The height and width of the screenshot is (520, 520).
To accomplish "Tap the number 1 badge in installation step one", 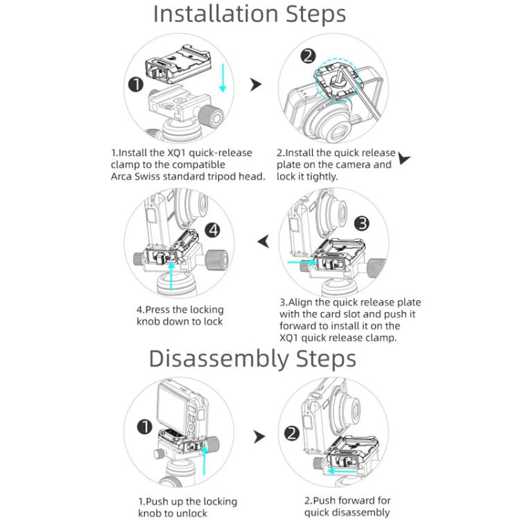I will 136,85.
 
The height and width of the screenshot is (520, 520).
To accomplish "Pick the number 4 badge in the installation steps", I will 214,230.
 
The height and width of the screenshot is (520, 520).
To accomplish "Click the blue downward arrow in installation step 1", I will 223,78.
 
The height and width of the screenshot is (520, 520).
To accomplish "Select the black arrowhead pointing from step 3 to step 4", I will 263,241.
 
